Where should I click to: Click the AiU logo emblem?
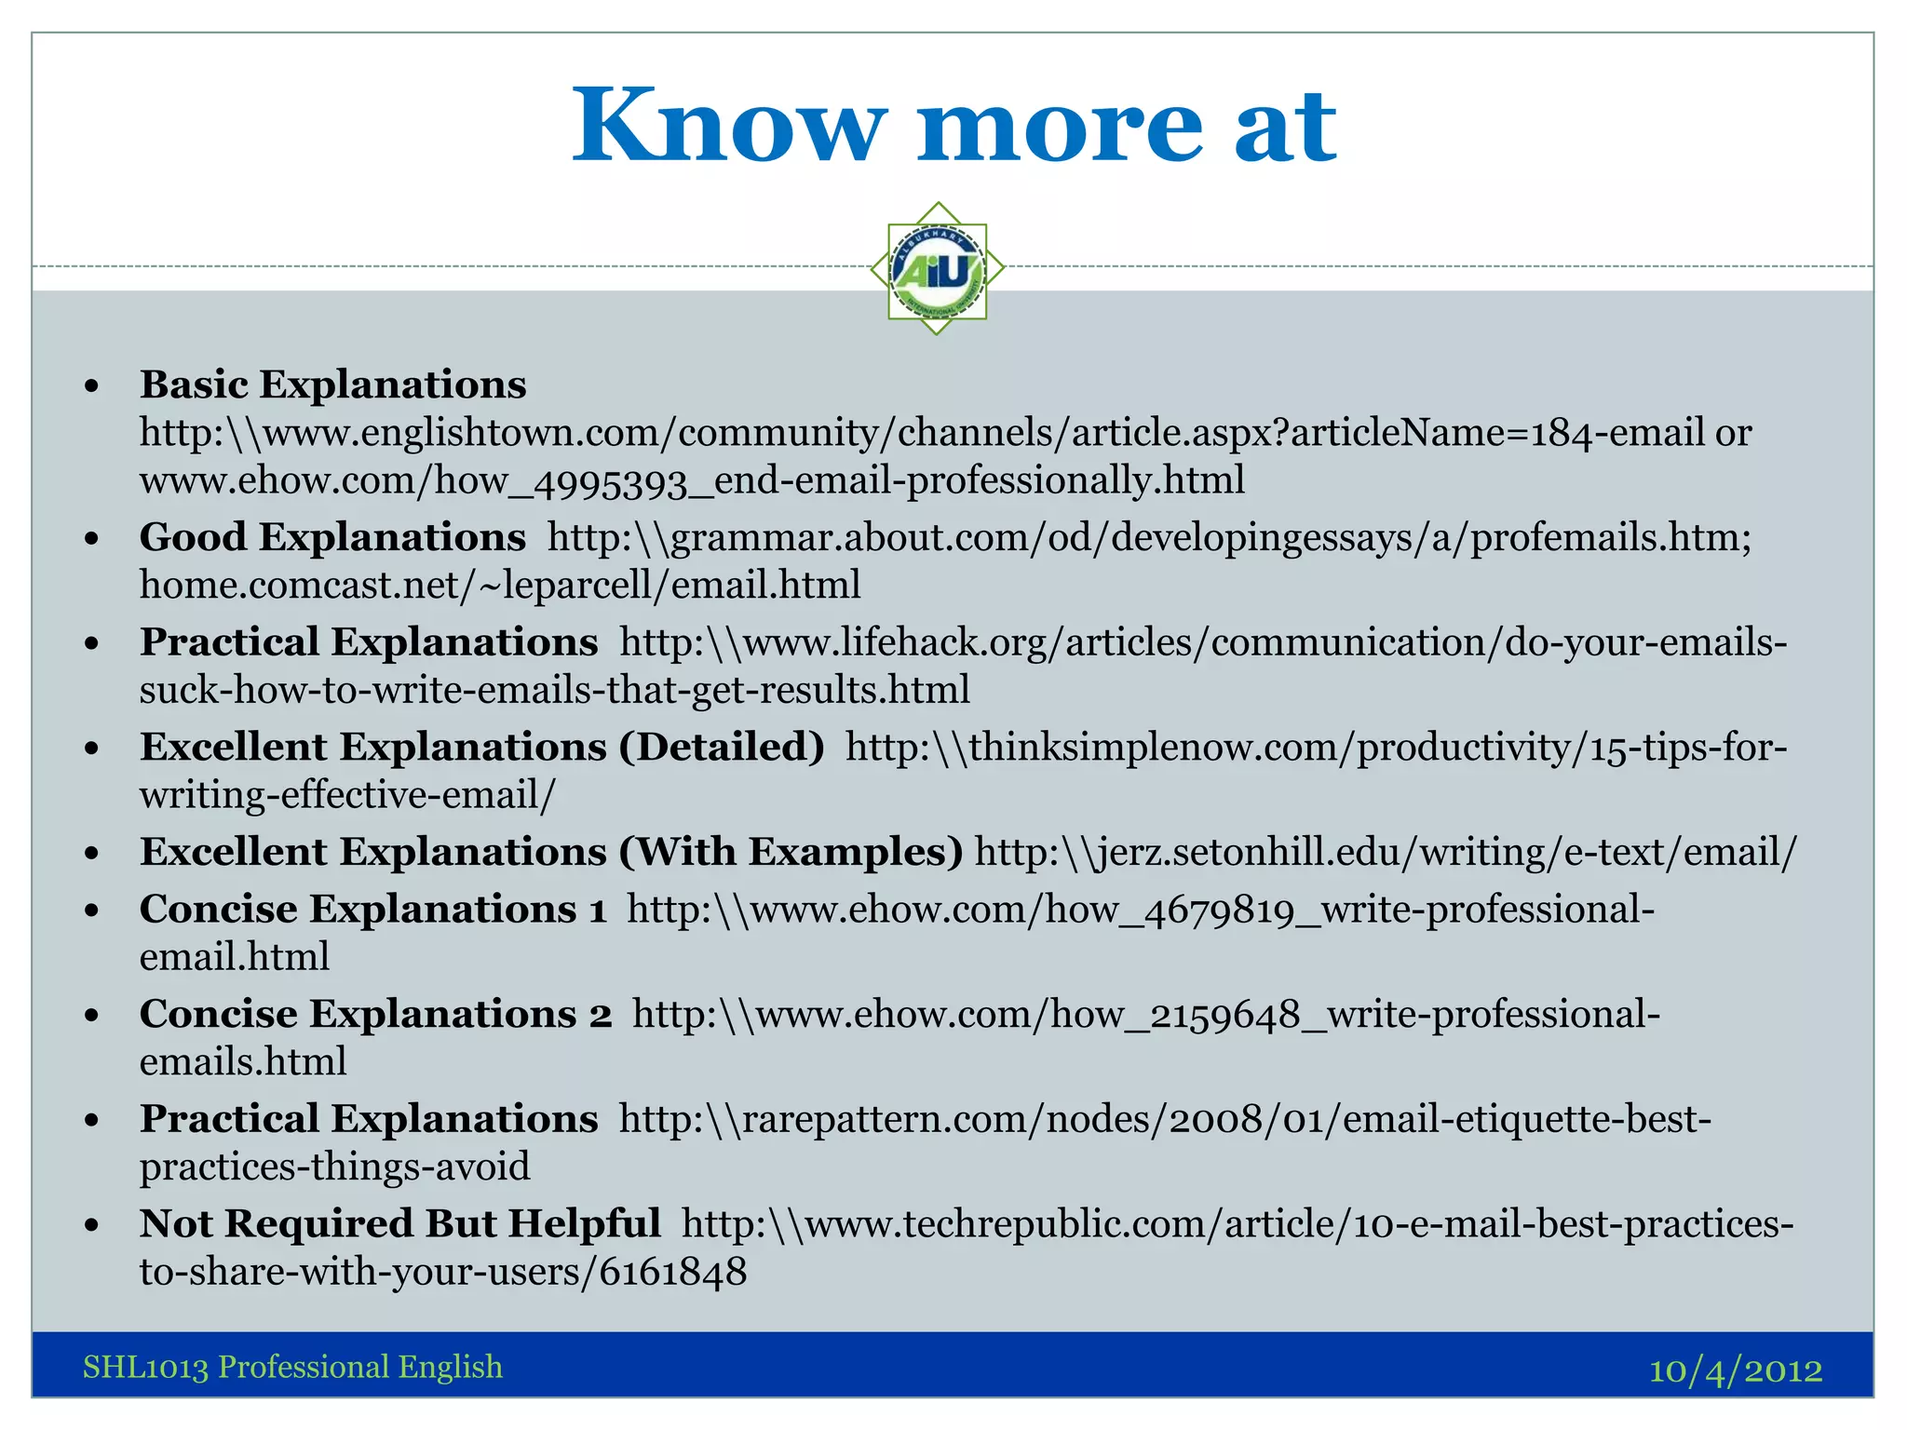pos(938,269)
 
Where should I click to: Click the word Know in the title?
pos(727,126)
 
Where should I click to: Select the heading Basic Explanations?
pos(332,384)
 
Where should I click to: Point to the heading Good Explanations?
pos(332,537)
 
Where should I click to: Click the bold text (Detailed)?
pos(722,747)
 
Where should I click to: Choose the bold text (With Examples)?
pos(791,852)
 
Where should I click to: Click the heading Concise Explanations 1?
pos(372,910)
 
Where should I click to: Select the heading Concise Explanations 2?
pos(375,1014)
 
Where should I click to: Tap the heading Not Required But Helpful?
pos(399,1223)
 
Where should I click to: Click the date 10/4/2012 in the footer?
pos(1735,1370)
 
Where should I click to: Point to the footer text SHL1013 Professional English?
pos(292,1367)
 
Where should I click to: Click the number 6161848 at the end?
pos(672,1272)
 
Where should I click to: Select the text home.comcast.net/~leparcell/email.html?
pos(500,586)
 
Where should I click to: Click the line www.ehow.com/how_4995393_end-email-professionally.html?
pos(692,480)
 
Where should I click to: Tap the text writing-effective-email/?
pos(347,795)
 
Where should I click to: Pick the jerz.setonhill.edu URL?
pos(1386,853)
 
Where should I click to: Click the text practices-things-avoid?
pos(334,1167)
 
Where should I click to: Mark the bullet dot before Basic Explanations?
pos(90,385)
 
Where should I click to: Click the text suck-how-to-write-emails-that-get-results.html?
pos(555,690)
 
